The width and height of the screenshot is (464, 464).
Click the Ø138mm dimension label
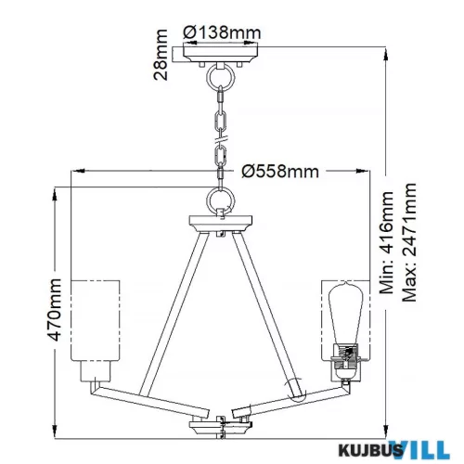222,32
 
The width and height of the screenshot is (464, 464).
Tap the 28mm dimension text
161,55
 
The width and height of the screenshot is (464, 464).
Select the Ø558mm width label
280,171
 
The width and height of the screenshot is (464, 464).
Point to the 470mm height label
56,309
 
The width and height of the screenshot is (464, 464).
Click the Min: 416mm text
387,242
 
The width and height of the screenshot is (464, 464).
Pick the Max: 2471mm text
409,242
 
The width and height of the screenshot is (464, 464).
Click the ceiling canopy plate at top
221,55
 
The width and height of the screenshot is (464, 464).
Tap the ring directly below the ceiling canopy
221,78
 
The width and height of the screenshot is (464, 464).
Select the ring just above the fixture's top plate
221,201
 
